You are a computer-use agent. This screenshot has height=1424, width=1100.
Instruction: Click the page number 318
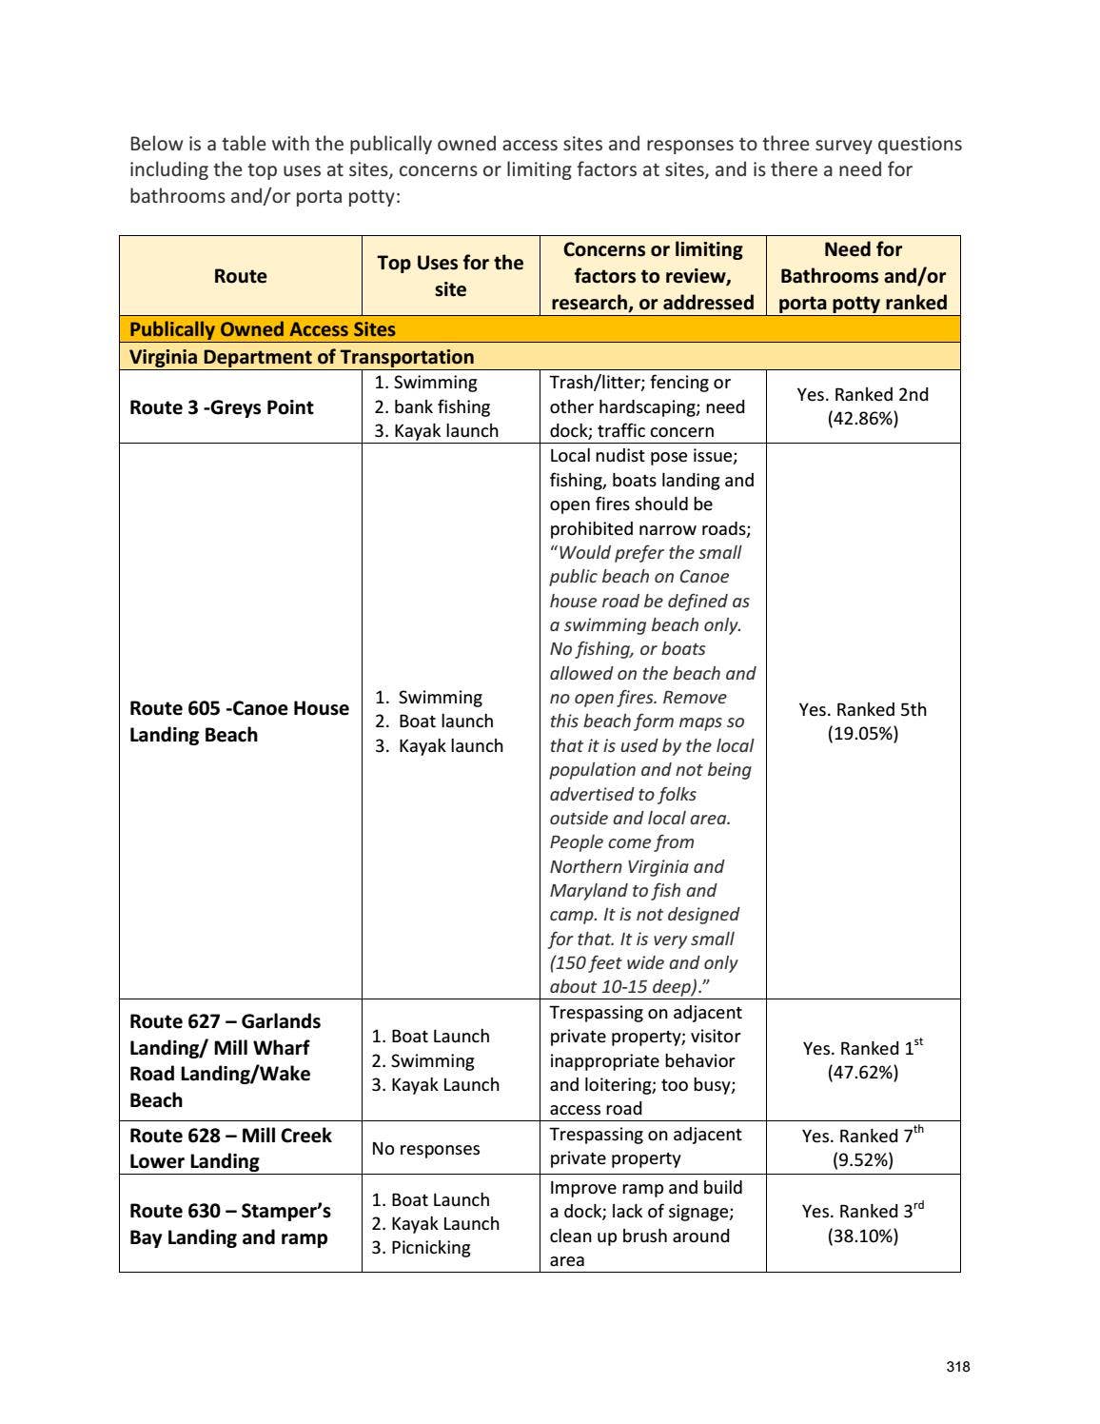(x=958, y=1367)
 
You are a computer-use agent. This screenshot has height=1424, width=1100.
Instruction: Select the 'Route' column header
(x=240, y=276)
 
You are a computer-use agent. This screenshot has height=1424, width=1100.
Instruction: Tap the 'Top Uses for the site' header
(x=450, y=276)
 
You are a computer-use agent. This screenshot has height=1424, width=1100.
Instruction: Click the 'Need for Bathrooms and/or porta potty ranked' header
(x=862, y=276)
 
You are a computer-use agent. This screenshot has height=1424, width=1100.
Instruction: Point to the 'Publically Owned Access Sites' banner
(x=263, y=329)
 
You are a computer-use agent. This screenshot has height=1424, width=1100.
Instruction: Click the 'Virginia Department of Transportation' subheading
(x=302, y=357)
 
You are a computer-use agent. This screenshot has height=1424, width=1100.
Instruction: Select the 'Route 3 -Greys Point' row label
(x=221, y=407)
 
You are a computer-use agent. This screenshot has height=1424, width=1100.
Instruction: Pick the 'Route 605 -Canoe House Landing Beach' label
(x=239, y=722)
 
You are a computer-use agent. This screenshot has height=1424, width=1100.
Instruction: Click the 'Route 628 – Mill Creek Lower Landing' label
(x=230, y=1148)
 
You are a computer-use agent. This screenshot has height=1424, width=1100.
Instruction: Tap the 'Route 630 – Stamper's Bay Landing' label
(x=229, y=1224)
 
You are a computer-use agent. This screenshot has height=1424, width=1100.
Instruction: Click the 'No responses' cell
(x=425, y=1149)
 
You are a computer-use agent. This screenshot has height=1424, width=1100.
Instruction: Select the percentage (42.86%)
(x=862, y=419)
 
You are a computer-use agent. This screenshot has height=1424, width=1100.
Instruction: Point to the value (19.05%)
(x=862, y=734)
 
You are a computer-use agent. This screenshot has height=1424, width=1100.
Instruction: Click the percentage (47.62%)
(x=862, y=1073)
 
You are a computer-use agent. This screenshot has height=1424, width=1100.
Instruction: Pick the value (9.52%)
(x=862, y=1159)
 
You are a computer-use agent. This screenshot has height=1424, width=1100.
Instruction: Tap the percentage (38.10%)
(x=862, y=1236)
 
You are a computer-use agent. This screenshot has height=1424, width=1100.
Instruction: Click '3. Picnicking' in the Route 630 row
(x=421, y=1248)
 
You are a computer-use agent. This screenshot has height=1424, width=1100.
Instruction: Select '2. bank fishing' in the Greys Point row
(x=431, y=407)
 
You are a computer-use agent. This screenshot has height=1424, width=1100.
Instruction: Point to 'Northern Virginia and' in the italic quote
(x=637, y=867)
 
